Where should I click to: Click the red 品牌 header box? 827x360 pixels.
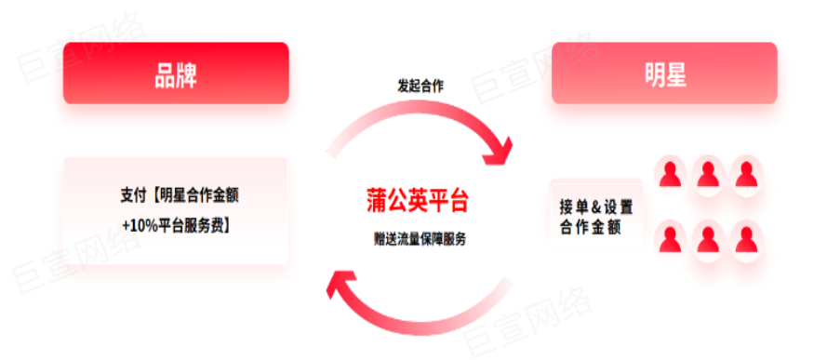pyautogui.click(x=176, y=73)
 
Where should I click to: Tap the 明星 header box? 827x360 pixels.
pyautogui.click(x=664, y=73)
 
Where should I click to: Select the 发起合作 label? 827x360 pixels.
pyautogui.click(x=420, y=86)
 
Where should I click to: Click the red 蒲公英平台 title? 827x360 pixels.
pyautogui.click(x=417, y=200)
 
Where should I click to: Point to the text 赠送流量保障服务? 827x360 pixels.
pyautogui.click(x=420, y=239)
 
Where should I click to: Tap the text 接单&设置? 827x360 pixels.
pyautogui.click(x=596, y=207)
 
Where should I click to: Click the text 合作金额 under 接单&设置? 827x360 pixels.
pyautogui.click(x=591, y=227)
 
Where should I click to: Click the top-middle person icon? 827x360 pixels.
pyautogui.click(x=707, y=173)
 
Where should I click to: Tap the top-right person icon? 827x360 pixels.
pyautogui.click(x=744, y=173)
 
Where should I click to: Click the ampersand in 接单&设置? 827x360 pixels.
pyautogui.click(x=596, y=207)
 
